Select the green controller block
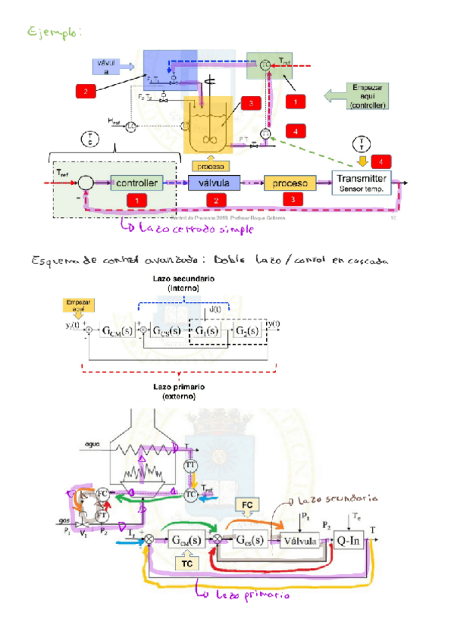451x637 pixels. (x=136, y=183)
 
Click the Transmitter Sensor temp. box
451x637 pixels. (x=362, y=183)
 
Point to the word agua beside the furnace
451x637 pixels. (x=92, y=443)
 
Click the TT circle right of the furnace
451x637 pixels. (x=191, y=466)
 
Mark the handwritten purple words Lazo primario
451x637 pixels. (x=243, y=595)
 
